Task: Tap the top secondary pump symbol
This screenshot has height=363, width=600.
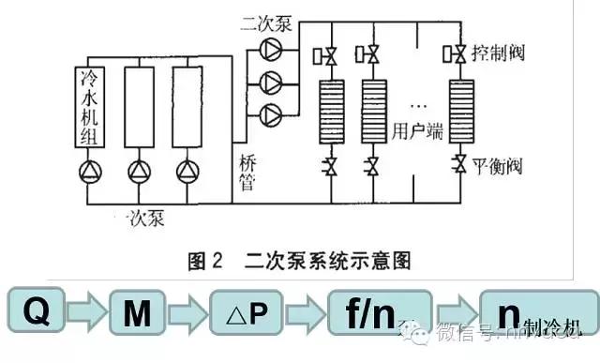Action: tap(270, 47)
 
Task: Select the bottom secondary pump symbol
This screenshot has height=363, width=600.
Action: tap(270, 114)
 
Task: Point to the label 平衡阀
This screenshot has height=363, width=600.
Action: tap(497, 168)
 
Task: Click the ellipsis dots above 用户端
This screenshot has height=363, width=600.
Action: tap(413, 98)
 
